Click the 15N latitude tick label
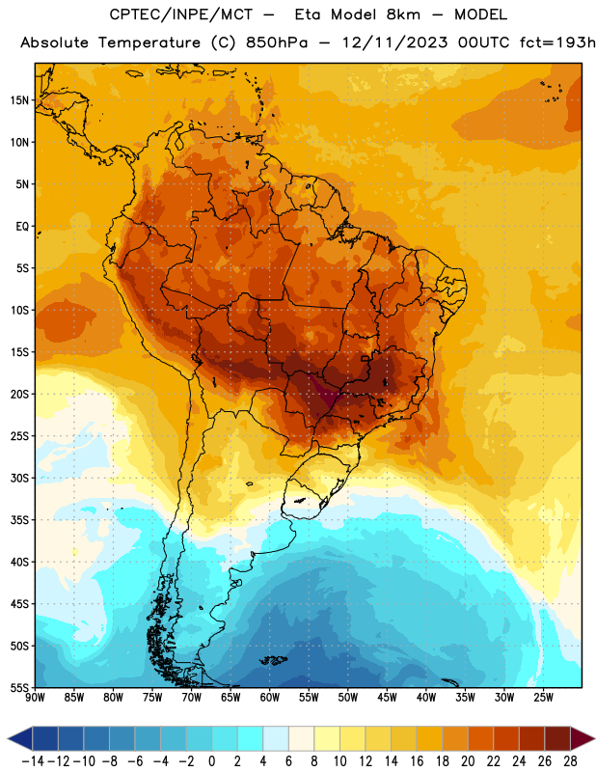[19, 100]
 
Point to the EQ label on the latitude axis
[22, 227]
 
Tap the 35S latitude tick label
[19, 520]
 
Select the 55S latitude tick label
[19, 688]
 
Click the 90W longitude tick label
[36, 698]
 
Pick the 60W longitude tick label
[270, 698]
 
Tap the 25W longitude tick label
[544, 698]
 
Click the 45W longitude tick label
[388, 698]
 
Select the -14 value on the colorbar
[33, 761]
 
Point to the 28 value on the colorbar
[571, 761]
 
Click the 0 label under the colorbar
[212, 761]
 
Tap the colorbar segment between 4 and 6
[276, 738]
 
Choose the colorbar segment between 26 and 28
[558, 738]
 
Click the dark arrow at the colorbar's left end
[20, 738]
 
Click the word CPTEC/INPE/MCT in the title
[181, 14]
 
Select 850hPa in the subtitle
[277, 42]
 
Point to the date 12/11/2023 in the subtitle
[394, 42]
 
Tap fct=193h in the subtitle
[557, 42]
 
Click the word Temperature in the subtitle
[149, 43]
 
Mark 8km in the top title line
[403, 14]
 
